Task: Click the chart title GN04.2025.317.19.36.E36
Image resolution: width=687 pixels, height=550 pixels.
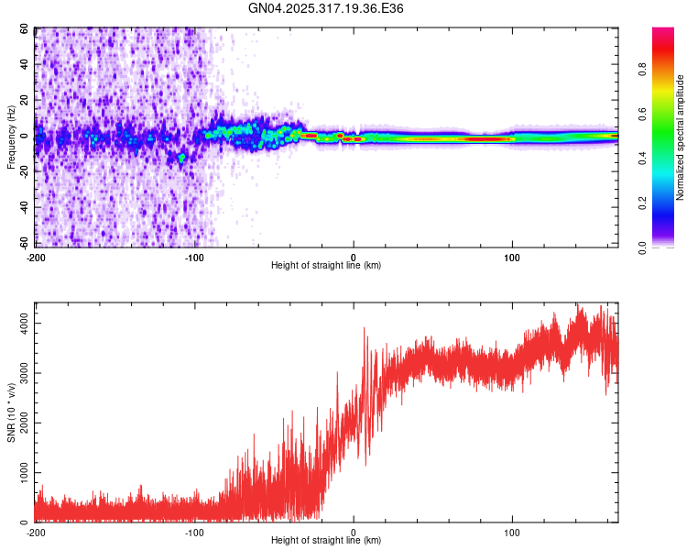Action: pyautogui.click(x=326, y=8)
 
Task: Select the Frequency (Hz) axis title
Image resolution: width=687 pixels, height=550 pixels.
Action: pyautogui.click(x=11, y=137)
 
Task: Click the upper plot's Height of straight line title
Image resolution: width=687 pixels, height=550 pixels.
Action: pyautogui.click(x=326, y=265)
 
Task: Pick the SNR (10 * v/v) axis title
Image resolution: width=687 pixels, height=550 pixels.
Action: pyautogui.click(x=11, y=412)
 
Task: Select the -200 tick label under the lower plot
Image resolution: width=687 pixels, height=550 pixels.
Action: pyautogui.click(x=36, y=532)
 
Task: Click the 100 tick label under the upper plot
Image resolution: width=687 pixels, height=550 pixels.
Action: pyautogui.click(x=512, y=257)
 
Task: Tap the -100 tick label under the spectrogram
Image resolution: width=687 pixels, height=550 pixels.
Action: pyautogui.click(x=194, y=257)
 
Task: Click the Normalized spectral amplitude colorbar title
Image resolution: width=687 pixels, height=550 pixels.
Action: pyautogui.click(x=680, y=137)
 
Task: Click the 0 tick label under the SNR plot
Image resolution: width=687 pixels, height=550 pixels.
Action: pyautogui.click(x=354, y=532)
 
